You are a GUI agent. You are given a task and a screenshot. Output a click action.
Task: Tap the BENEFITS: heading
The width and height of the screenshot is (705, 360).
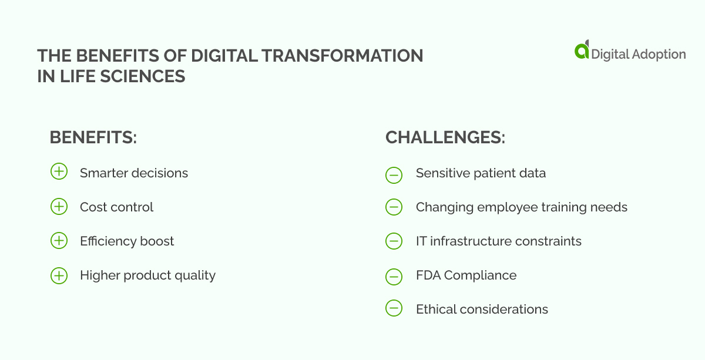[x=93, y=137]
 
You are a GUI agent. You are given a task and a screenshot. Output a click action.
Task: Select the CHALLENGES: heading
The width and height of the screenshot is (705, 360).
[x=445, y=137]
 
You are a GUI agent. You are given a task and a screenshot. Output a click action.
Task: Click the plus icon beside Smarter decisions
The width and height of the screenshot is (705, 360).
[x=59, y=173]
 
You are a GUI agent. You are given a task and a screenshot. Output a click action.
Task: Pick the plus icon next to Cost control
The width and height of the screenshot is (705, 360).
[x=59, y=207]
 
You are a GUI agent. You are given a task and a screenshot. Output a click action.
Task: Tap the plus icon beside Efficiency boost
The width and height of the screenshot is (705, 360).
[x=59, y=241]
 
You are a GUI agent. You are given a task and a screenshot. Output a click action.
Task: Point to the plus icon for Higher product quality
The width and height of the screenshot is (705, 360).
[x=59, y=275]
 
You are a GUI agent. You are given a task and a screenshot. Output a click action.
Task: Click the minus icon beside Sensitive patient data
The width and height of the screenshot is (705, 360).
[x=394, y=174]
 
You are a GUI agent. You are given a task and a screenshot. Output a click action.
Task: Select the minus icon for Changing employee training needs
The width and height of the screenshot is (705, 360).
[x=394, y=207]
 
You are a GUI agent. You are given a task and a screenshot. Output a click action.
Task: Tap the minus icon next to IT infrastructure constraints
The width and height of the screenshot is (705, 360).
[x=394, y=241]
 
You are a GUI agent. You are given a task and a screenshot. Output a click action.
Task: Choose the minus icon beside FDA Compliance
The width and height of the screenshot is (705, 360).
[x=394, y=276]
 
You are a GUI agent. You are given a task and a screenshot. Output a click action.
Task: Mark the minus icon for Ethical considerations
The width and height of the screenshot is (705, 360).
[x=394, y=309]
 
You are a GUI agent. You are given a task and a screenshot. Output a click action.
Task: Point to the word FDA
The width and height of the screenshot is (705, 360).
[x=428, y=275]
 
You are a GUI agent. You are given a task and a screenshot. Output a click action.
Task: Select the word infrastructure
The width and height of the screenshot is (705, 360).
[x=474, y=241]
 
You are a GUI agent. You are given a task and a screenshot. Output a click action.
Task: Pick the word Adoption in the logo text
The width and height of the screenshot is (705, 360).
[x=659, y=54]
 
